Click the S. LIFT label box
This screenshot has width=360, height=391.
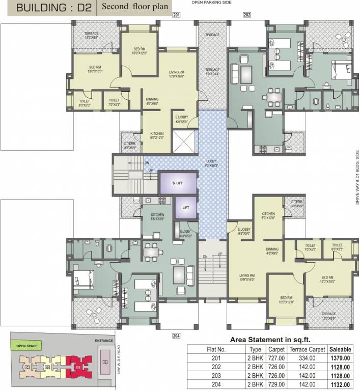[x=177, y=182]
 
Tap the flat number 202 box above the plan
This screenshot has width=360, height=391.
[x=247, y=15]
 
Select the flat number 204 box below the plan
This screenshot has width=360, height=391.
[x=177, y=336]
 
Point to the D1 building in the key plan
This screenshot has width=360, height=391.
[x=105, y=362]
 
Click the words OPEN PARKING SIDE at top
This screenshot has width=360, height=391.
[x=211, y=3]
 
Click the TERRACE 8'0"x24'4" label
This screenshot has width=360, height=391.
[x=212, y=72]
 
